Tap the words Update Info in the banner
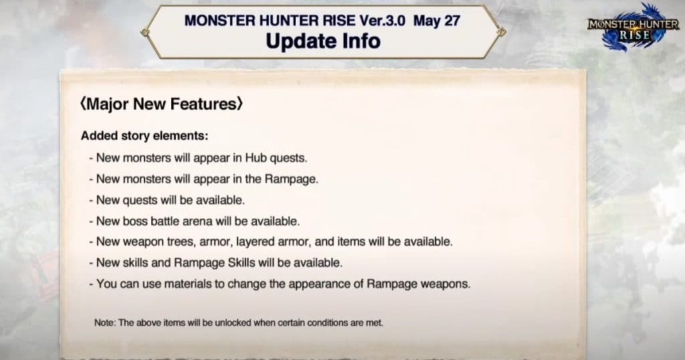click(x=323, y=41)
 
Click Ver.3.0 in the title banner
click(x=382, y=21)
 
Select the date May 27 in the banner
click(x=436, y=21)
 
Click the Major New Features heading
click(x=161, y=104)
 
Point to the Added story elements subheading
click(x=144, y=136)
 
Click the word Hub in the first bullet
click(x=256, y=158)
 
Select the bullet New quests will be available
click(x=167, y=200)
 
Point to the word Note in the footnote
click(x=104, y=323)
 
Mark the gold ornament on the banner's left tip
click(x=145, y=32)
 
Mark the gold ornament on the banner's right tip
click(x=502, y=31)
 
